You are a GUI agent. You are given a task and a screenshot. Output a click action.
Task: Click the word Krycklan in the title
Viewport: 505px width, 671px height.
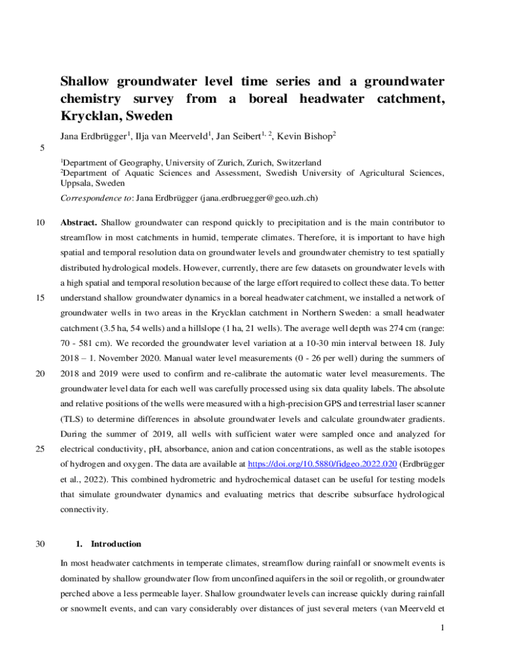click(88, 117)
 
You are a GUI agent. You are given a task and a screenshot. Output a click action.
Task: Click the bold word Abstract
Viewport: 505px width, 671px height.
click(79, 222)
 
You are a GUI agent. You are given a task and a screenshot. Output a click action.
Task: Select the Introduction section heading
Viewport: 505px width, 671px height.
click(115, 544)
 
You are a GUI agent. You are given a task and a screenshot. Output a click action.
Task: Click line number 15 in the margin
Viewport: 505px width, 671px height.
click(41, 297)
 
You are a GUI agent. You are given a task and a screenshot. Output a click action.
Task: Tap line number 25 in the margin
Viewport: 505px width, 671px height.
click(41, 449)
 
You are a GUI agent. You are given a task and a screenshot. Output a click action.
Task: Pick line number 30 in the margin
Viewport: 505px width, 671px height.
click(41, 544)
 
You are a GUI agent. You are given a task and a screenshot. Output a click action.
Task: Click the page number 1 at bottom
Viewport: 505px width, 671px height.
click(443, 628)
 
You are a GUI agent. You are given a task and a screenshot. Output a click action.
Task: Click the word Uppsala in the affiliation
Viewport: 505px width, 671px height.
click(76, 183)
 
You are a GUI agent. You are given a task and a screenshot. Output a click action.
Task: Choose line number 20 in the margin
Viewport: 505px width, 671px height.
click(41, 374)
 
